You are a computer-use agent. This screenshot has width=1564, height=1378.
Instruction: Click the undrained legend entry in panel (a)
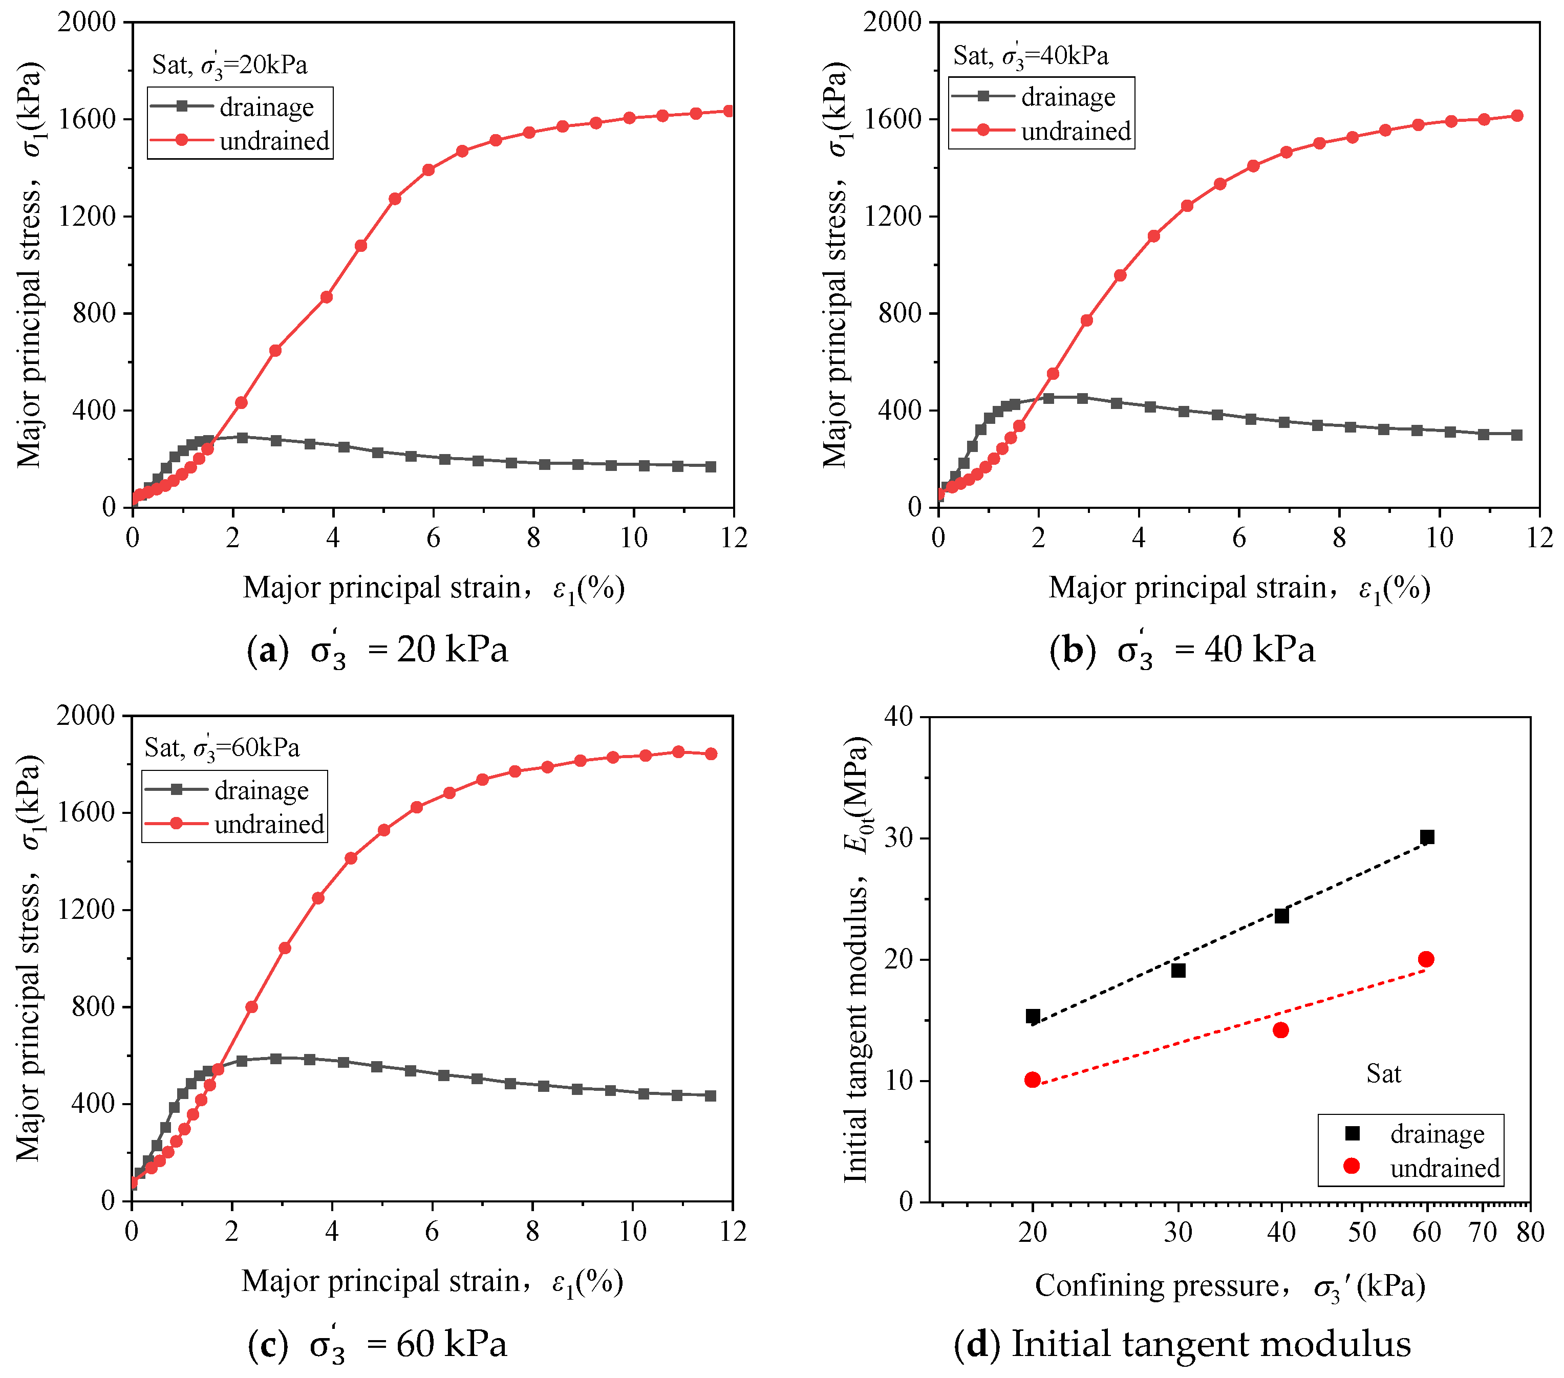[240, 141]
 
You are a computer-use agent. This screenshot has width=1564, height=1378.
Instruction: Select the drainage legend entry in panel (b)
[1033, 97]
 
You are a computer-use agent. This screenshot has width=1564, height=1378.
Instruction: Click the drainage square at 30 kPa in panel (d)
[1179, 970]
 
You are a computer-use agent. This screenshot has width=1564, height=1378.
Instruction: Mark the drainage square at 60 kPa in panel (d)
[1427, 837]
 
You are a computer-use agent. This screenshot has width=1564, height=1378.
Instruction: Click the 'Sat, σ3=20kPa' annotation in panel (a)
[229, 64]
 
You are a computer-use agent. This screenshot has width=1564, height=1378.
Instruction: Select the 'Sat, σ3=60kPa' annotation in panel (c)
[222, 747]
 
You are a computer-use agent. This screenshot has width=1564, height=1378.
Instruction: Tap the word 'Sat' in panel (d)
[1383, 1073]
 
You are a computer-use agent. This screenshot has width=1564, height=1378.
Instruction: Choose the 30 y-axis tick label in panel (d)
[900, 838]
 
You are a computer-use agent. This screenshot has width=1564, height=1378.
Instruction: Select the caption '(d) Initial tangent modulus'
[1182, 1344]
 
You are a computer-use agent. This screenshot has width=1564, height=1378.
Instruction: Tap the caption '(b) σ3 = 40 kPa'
[1182, 650]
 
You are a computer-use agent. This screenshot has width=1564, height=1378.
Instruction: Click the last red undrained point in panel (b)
[1517, 116]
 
